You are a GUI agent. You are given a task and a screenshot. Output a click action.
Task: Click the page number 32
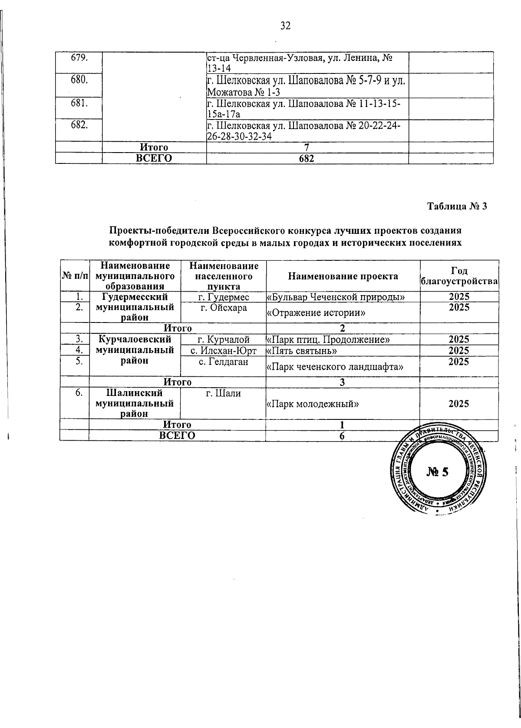point(285,26)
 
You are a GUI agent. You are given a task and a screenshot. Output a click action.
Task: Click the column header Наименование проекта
point(343,276)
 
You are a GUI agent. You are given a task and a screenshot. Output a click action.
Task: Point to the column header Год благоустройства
point(459,276)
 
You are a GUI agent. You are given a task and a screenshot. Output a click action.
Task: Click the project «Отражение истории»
point(315,312)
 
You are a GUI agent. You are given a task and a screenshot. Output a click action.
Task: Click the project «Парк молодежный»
point(313,404)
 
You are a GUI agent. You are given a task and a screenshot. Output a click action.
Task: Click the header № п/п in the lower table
point(74,276)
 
